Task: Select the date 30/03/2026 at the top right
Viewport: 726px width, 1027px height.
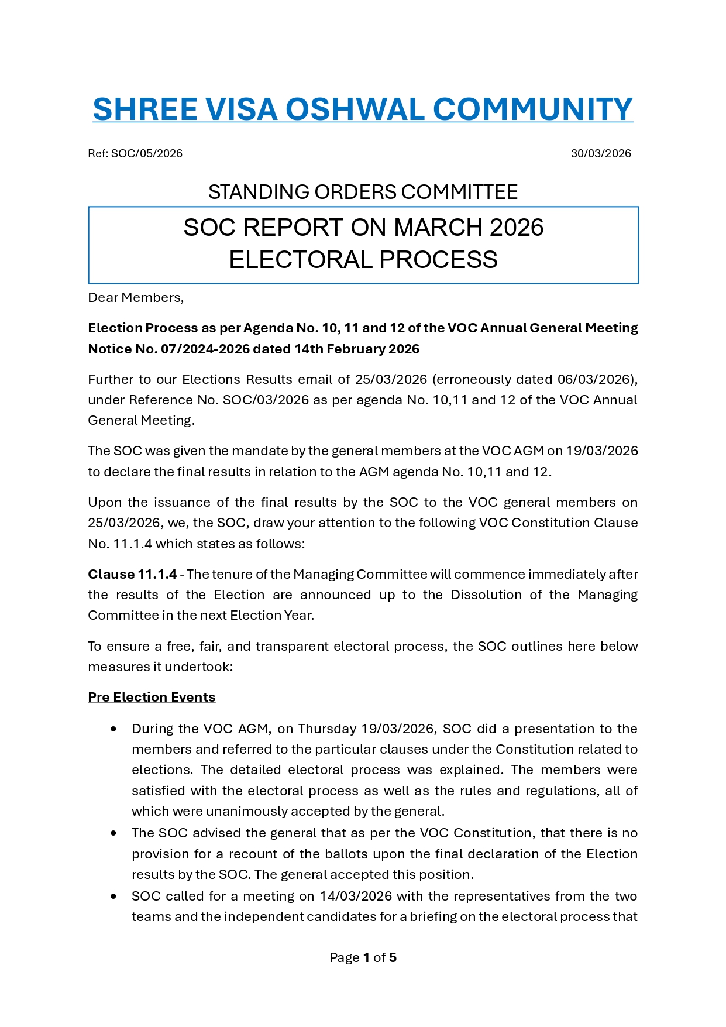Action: coord(601,154)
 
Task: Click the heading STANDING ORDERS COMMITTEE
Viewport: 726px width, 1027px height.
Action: coord(363,192)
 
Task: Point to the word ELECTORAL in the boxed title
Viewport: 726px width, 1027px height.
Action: coord(294,259)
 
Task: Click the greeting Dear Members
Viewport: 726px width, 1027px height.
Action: coord(136,298)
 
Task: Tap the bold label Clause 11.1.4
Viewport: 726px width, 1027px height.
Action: coord(132,575)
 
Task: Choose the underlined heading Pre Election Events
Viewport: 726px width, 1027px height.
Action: coord(152,698)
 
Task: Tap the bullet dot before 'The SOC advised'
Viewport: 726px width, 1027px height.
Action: coord(113,833)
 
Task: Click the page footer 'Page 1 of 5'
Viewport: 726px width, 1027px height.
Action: coord(363,958)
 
